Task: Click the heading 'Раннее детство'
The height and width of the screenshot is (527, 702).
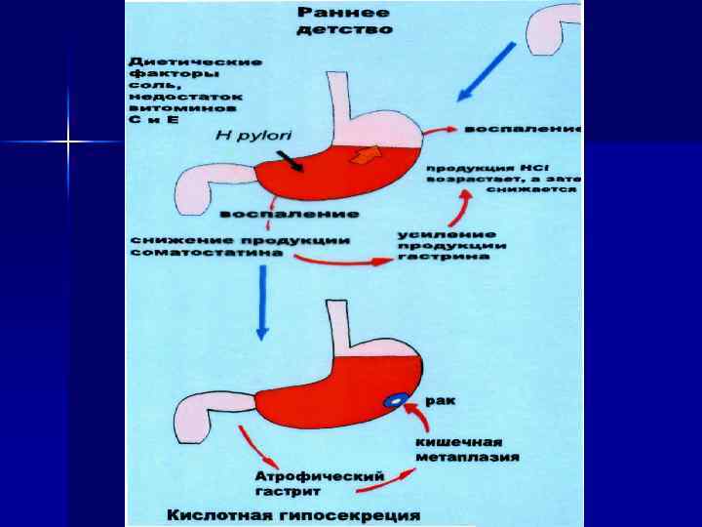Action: tap(343, 21)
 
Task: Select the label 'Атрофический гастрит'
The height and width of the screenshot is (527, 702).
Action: tap(320, 481)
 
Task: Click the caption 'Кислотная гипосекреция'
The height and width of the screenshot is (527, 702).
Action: tap(292, 514)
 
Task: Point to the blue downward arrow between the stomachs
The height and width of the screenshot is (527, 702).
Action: tap(260, 304)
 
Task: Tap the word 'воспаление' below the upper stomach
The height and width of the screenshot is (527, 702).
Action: tap(289, 213)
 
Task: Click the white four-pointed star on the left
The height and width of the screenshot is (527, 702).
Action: tap(68, 143)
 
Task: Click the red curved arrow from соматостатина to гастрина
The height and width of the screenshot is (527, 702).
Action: tap(335, 262)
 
